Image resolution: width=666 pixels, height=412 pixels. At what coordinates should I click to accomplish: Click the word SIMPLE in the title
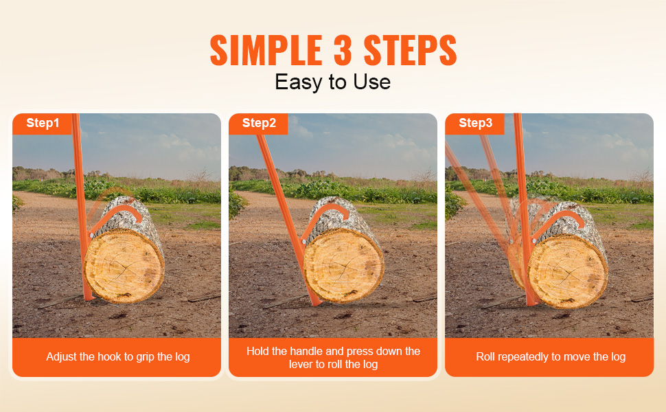tap(266, 50)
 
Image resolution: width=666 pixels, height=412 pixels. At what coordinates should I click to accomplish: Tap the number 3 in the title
tap(343, 50)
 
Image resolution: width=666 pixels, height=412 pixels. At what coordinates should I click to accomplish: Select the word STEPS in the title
tap(410, 50)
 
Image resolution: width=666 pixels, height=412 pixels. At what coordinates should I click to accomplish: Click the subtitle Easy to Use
tap(332, 82)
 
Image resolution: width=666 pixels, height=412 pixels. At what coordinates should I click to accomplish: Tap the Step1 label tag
tap(43, 123)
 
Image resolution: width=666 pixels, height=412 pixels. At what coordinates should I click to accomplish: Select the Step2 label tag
tap(259, 123)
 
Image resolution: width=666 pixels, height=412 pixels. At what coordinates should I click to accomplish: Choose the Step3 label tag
tap(475, 123)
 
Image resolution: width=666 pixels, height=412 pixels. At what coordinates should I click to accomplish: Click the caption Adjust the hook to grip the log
tap(117, 357)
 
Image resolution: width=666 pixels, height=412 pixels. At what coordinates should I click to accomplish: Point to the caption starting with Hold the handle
tap(334, 358)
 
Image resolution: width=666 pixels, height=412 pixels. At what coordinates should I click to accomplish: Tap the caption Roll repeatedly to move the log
tap(551, 357)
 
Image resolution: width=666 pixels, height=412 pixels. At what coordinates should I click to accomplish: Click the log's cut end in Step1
tap(124, 266)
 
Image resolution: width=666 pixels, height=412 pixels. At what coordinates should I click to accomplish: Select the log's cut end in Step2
tap(343, 266)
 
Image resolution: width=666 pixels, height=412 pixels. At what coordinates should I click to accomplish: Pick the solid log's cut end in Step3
tap(568, 272)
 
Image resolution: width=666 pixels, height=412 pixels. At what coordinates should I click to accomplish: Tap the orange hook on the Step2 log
tap(327, 211)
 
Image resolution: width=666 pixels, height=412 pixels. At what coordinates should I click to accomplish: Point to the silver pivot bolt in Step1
tap(91, 234)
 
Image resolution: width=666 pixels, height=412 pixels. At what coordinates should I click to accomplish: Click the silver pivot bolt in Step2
tap(304, 241)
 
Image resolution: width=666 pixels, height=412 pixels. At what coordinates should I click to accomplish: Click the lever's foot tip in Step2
tap(317, 304)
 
